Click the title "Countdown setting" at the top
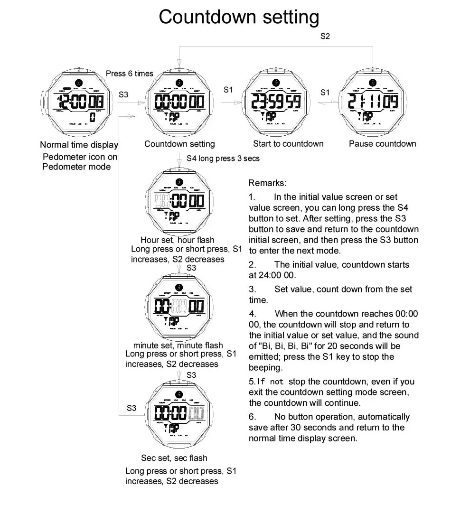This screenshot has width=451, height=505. coord(239,17)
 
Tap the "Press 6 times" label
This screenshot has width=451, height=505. coord(129,74)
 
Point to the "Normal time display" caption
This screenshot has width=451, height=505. coord(79,145)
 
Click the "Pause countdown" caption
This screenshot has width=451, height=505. coord(382,144)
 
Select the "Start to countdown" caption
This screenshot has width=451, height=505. coord(288,144)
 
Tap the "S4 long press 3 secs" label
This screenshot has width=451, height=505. coord(223,159)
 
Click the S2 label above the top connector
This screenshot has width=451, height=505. coord(325,37)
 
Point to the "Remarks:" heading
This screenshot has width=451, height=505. coord(268,183)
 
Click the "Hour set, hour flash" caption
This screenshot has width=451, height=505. coord(177,240)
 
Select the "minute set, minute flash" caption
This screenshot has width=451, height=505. coord(178,345)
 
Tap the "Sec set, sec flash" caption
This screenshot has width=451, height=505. coord(174,458)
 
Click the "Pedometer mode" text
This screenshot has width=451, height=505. coord(76,167)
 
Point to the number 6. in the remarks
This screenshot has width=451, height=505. coord(253,417)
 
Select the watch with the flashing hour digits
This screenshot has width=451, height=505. coord(179,200)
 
